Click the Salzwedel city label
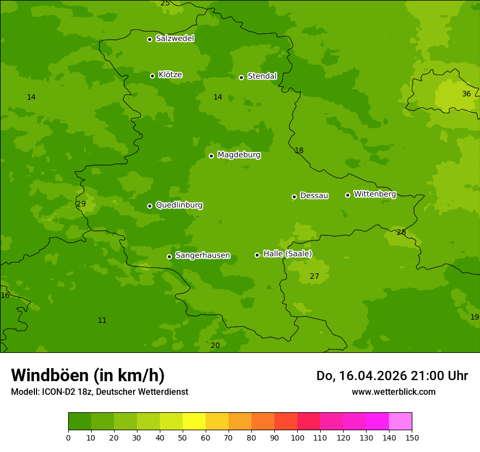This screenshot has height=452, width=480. click(x=175, y=39)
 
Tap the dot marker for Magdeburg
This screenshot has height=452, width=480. click(x=211, y=156)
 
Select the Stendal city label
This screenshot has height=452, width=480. click(x=262, y=76)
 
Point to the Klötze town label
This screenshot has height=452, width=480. click(x=170, y=75)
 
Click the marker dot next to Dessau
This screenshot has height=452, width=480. click(x=294, y=197)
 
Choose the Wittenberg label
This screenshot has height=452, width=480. click(x=375, y=194)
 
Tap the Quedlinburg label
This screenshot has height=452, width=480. click(x=179, y=205)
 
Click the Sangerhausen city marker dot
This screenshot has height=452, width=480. click(x=169, y=256)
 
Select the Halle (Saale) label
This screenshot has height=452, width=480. click(x=287, y=254)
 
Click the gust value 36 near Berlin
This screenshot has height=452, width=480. click(x=466, y=94)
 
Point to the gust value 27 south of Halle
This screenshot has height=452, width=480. click(x=314, y=276)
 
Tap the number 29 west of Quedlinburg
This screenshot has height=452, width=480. click(x=81, y=204)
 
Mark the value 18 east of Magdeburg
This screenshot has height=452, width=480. click(x=299, y=150)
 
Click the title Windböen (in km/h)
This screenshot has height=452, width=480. click(x=87, y=375)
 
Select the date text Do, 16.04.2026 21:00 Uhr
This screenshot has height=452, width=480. click(x=392, y=376)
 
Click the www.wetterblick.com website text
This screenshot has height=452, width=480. click(x=393, y=392)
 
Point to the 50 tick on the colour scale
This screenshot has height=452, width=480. click(x=183, y=437)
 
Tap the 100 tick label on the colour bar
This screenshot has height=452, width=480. click(x=297, y=437)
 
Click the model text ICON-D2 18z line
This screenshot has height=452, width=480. click(x=99, y=392)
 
